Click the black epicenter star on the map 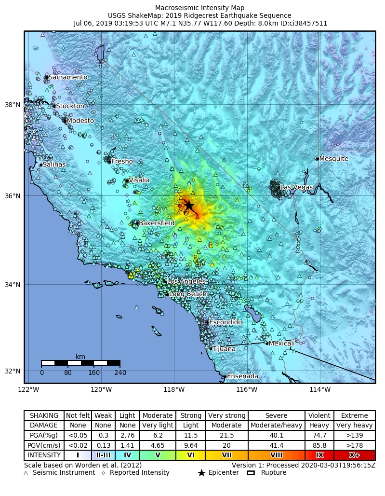pos(188,205)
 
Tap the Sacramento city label pos(68,77)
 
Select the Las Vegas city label pos(296,187)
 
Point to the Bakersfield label pos(156,223)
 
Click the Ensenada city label pos(242,376)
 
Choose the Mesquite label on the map pos(333,159)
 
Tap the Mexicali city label pos(281,344)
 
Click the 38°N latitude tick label pos(13,105)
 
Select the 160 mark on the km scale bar pos(94,372)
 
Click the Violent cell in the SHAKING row pos(319,415)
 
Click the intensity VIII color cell pos(276,455)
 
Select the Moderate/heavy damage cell pos(276,426)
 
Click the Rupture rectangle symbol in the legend pos(251,473)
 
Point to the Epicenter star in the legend pos(201,473)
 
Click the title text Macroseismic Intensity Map pos(199,8)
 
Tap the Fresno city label pos(122,162)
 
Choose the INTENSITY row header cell pos(44,455)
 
